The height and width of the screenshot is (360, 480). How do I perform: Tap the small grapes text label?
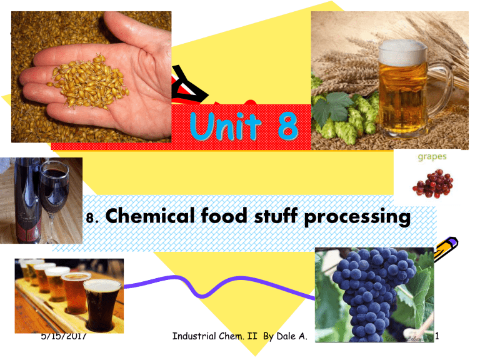pos(432,157)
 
